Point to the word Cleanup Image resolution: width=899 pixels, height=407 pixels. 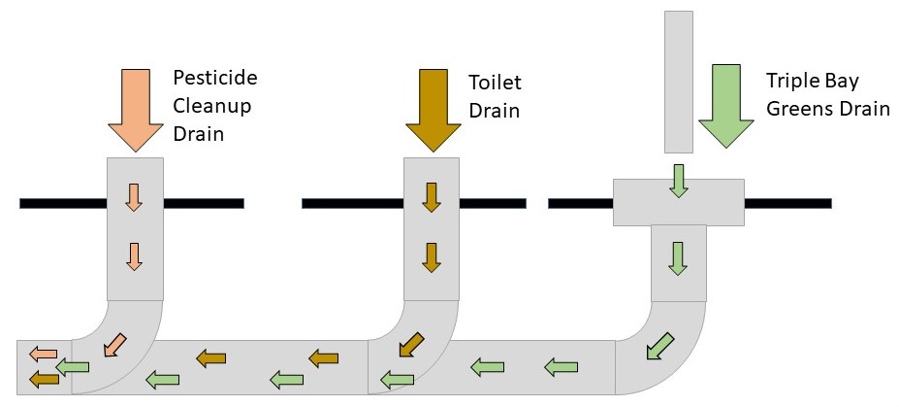coord(210,106)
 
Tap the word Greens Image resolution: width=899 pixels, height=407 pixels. coord(798,108)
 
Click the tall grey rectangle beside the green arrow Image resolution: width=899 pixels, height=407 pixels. coord(678,82)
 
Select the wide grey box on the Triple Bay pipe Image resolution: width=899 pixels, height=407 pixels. coord(678,202)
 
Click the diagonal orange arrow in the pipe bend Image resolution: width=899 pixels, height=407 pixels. coord(115,343)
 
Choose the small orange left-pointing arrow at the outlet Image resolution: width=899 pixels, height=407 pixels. coord(42,354)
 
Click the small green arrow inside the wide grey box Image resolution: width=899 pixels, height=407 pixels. coord(679,181)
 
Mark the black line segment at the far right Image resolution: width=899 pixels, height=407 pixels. coord(787,203)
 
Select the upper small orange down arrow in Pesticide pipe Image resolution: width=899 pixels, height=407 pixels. coord(135,196)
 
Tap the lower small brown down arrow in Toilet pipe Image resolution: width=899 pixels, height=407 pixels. coord(432,256)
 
